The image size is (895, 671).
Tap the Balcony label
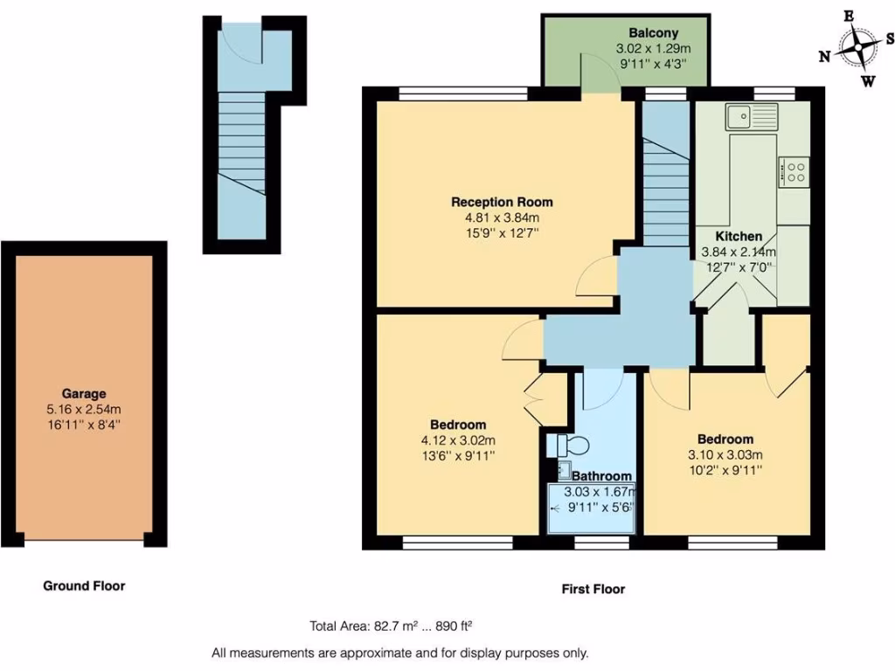point(653,33)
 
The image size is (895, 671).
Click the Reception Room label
point(502,202)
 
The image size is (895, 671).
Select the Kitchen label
point(739,236)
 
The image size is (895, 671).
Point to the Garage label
point(84,394)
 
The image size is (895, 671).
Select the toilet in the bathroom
point(564,445)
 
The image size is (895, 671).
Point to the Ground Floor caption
point(84,586)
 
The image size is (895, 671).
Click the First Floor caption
point(593,590)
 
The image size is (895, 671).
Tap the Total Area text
point(391,626)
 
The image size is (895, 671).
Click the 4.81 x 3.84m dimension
point(502,218)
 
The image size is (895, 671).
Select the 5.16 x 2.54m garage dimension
point(84,409)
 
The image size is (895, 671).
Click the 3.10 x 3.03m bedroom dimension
point(725,454)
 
